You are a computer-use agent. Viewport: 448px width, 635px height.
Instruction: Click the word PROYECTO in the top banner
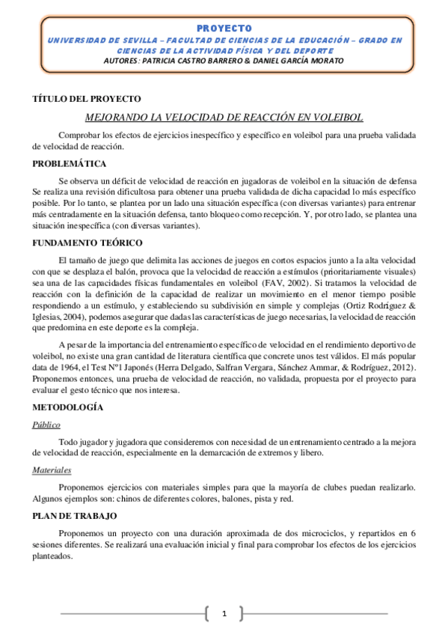point(224,28)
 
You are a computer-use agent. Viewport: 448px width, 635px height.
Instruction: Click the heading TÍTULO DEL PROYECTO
point(87,99)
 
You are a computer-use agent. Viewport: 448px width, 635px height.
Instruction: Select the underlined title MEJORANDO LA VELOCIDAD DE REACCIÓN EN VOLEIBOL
point(224,118)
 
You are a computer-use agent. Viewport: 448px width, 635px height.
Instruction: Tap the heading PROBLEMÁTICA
point(70,163)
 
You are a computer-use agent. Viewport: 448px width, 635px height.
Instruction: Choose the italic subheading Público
point(46,424)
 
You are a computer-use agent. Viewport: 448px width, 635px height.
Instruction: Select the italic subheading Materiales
point(52,470)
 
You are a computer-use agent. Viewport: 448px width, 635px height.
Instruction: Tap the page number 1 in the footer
point(224,615)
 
